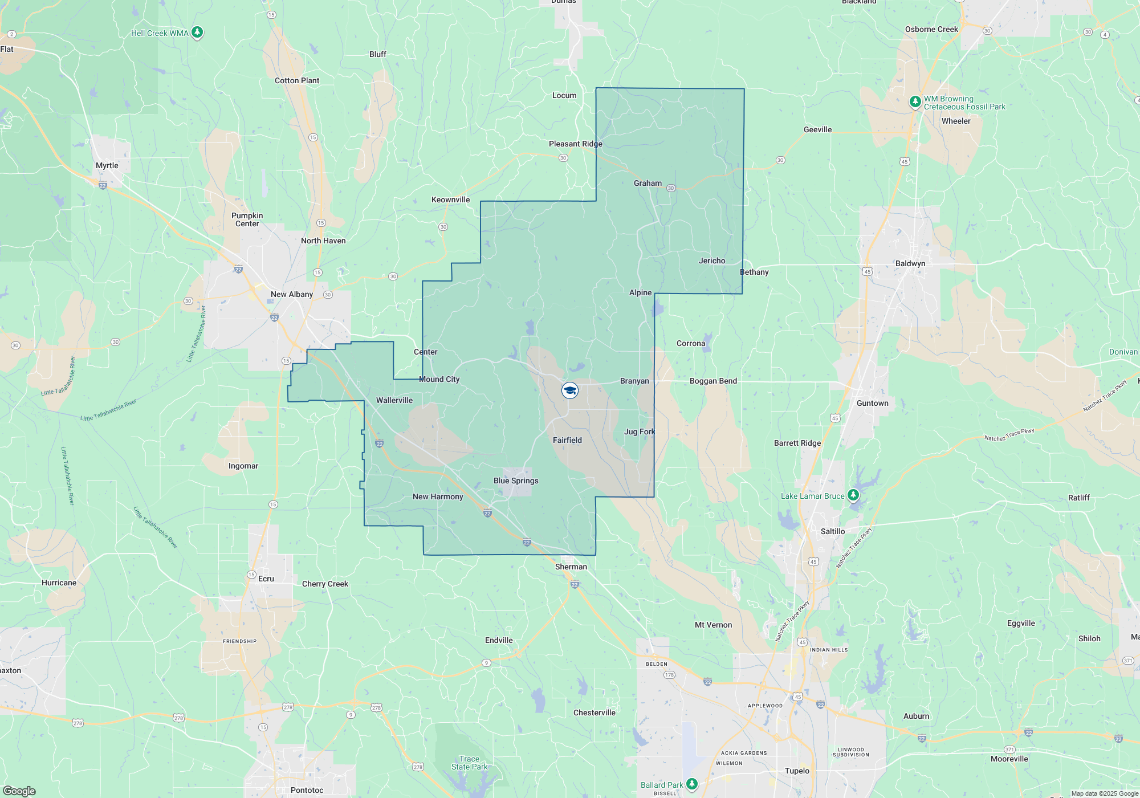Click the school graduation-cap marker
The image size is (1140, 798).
(x=570, y=390)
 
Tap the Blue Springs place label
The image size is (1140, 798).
(x=516, y=481)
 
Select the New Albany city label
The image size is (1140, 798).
(x=292, y=294)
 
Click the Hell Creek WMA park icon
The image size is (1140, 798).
(x=197, y=32)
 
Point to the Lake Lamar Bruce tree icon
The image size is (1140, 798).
(x=853, y=495)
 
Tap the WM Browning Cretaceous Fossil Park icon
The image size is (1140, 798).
(x=915, y=102)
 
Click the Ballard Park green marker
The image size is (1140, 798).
(x=692, y=784)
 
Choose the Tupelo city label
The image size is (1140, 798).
(x=797, y=771)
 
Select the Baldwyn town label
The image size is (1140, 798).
(x=910, y=263)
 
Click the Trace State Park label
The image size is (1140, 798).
(x=469, y=763)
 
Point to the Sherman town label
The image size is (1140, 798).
(x=571, y=567)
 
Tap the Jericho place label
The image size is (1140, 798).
(x=712, y=260)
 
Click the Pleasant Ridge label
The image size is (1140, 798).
(x=575, y=144)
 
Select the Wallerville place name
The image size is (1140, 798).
(x=394, y=400)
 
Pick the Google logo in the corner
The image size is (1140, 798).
(x=19, y=791)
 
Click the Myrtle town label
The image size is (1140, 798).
(x=107, y=165)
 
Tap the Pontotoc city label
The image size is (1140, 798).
(x=307, y=790)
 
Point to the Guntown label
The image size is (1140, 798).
(x=872, y=403)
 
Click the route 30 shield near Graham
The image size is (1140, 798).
(x=671, y=188)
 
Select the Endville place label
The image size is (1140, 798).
(x=499, y=640)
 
